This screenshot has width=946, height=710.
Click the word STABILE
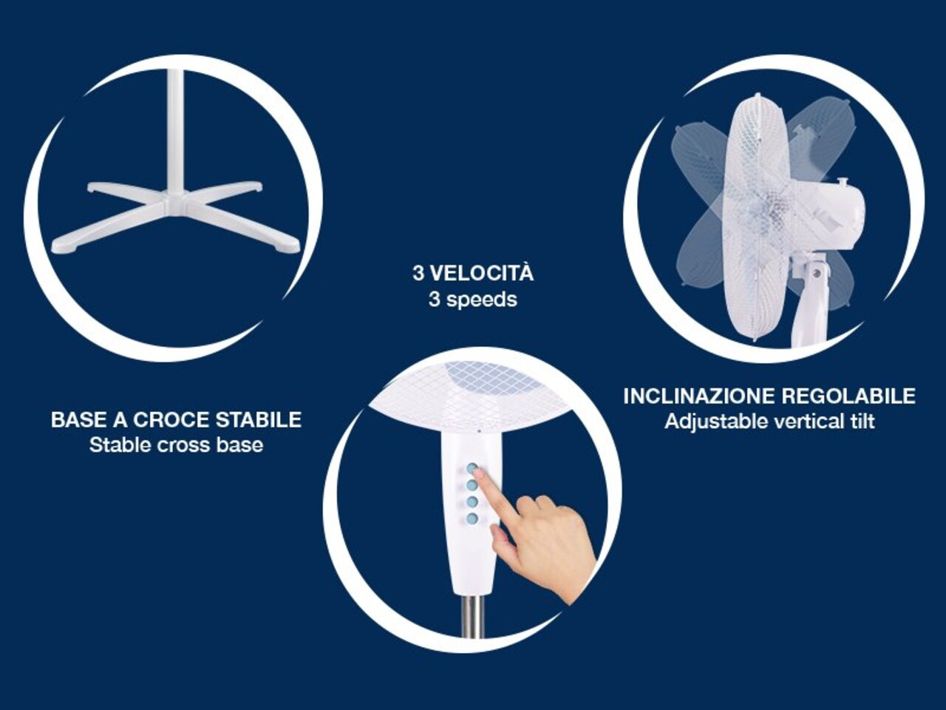click(259, 420)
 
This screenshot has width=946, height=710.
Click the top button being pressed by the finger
click(472, 469)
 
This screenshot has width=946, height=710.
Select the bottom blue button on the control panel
click(472, 518)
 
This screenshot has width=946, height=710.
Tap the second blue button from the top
click(472, 485)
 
